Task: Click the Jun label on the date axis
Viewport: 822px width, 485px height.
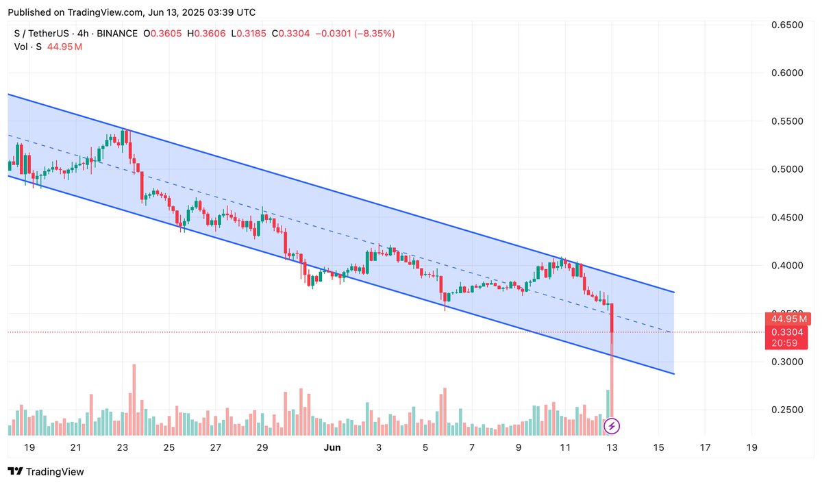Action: (x=332, y=447)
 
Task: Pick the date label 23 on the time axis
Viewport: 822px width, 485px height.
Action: (x=123, y=447)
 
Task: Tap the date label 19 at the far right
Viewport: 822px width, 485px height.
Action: (x=751, y=447)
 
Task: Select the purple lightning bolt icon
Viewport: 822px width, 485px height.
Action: (x=612, y=427)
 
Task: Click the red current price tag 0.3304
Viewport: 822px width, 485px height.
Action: (x=788, y=332)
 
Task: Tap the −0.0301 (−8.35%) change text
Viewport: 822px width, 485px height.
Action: (x=355, y=34)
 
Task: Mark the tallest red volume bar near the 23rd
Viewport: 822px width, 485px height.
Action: (x=134, y=399)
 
